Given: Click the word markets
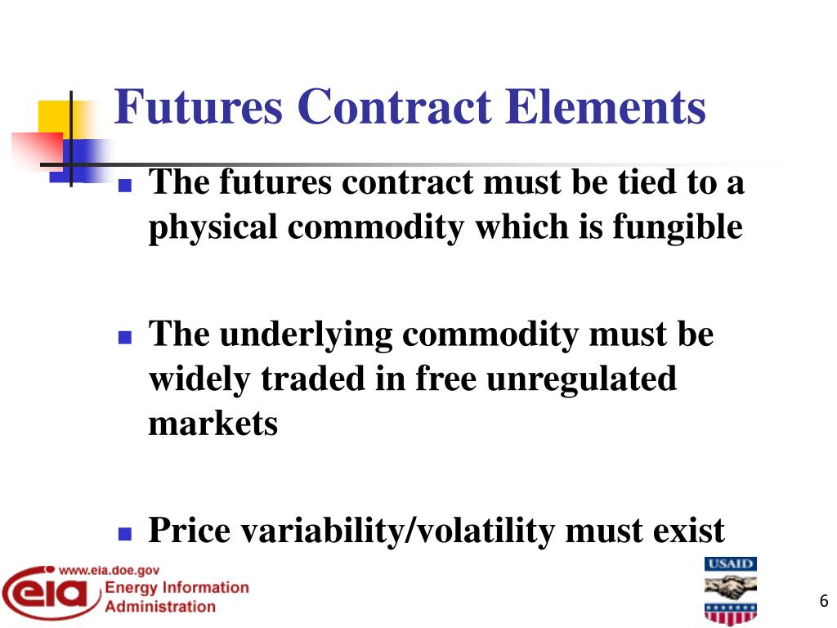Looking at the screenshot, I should point(213,424).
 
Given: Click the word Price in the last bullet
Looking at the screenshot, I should point(188,531).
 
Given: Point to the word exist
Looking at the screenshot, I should point(689,531).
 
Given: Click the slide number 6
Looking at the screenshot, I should point(823,603).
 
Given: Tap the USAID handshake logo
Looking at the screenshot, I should point(731,591).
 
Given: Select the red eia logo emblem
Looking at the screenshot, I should point(49,596).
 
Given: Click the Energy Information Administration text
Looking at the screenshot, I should point(177,597).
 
